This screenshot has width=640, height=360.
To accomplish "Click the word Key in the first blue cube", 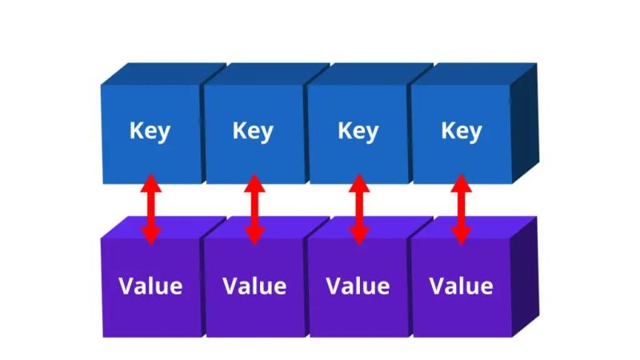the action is [x=150, y=131].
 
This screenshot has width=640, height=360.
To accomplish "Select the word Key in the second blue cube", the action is [x=253, y=131].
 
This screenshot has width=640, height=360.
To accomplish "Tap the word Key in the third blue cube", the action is [x=358, y=131].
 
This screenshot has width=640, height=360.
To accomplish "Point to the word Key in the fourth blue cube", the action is [x=462, y=131].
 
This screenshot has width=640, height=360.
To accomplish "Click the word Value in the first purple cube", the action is [x=150, y=286].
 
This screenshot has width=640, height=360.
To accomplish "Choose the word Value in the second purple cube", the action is [x=254, y=286].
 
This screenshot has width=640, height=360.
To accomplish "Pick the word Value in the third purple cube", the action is [x=358, y=286].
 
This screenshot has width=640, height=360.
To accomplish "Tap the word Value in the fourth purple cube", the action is [x=462, y=286].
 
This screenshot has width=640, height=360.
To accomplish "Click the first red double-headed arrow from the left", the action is [x=151, y=210].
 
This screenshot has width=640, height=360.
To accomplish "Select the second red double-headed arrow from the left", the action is [x=254, y=210].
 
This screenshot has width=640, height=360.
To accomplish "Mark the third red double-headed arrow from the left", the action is [x=359, y=210].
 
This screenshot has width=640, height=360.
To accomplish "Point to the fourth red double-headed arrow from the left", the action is [x=462, y=210].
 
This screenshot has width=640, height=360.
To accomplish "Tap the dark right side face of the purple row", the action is [x=525, y=277].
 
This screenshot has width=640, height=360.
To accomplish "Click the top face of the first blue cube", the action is [x=163, y=74].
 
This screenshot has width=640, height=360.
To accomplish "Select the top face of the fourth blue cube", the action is [x=474, y=74].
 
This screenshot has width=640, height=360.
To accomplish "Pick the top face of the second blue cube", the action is [x=267, y=74].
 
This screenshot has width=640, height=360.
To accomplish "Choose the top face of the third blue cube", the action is [x=370, y=74].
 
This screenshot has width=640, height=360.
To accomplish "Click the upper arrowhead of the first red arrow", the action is [x=151, y=184].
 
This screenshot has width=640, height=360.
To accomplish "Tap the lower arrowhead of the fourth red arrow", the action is [x=462, y=236].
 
